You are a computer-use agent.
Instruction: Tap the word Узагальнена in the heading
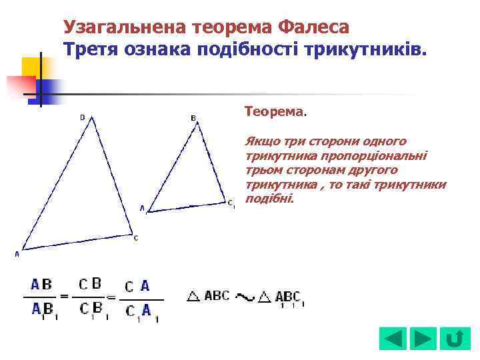pos(125,27)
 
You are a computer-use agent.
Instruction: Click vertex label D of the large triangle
pos(83,117)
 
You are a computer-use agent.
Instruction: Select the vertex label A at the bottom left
pos(17,254)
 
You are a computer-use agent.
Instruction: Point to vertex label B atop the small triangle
pos(194,118)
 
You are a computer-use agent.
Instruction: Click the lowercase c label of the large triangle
pos(136,238)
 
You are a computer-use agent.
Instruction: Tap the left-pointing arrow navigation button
pos(393,339)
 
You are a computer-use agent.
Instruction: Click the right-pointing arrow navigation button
pos(423,339)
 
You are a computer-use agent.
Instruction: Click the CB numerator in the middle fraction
pos(90,283)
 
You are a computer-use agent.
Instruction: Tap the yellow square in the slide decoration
pos(31,68)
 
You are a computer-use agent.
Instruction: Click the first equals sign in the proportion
pos(65,297)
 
